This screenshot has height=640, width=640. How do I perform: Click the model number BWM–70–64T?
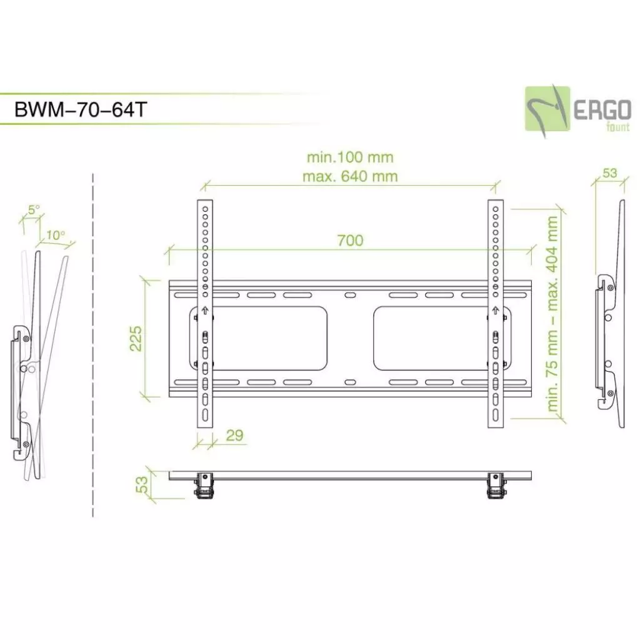coord(81,109)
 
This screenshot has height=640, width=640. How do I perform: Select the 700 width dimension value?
coord(350,240)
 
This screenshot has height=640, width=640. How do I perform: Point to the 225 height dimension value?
coord(136,338)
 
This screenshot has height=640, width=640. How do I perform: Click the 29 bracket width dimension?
coord(234,436)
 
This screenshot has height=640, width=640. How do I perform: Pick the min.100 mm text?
coord(350,157)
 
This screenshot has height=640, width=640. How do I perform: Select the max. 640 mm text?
coord(350,176)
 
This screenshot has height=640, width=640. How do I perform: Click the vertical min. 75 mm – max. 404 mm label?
coord(552,313)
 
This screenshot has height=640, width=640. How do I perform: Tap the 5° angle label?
coord(33,209)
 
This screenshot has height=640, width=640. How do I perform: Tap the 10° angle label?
coord(55,235)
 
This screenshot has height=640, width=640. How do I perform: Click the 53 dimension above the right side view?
coord(609,173)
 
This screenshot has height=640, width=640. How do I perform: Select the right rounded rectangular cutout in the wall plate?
coord(437,338)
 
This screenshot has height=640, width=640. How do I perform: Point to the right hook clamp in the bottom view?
coord(494,487)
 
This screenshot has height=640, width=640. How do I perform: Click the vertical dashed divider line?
coord(93,344)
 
